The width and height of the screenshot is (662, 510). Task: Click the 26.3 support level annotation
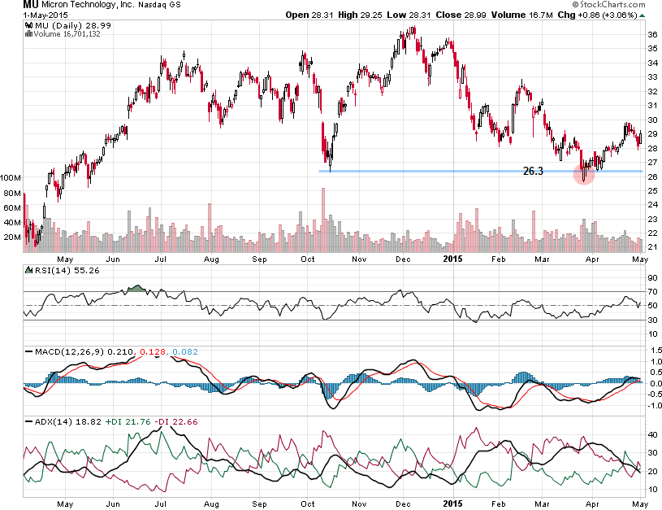(x=532, y=171)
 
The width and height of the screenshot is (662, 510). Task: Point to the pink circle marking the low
(x=584, y=172)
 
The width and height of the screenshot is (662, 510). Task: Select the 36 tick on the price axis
(x=652, y=34)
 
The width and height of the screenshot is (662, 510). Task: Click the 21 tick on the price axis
(x=652, y=247)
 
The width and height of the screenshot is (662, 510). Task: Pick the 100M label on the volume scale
(x=11, y=177)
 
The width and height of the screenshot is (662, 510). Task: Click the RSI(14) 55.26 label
(x=60, y=269)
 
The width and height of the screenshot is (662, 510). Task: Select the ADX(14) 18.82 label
(x=61, y=423)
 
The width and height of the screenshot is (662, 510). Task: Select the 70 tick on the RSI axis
(x=652, y=290)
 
